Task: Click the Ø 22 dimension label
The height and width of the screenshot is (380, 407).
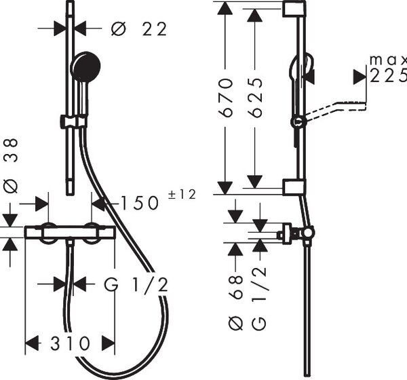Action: (139, 28)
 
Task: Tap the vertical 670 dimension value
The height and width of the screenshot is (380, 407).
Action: (225, 98)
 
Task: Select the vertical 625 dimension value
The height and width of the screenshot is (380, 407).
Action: (255, 98)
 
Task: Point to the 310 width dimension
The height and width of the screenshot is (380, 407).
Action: (70, 343)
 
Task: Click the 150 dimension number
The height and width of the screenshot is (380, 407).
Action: (140, 203)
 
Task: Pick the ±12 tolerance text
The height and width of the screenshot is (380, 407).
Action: (182, 195)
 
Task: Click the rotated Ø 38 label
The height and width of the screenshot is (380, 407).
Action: (11, 166)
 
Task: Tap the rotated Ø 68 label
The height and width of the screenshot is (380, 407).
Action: (235, 303)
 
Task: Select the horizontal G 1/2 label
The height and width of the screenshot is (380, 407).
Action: (136, 284)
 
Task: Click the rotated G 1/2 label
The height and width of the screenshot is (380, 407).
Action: (259, 298)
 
